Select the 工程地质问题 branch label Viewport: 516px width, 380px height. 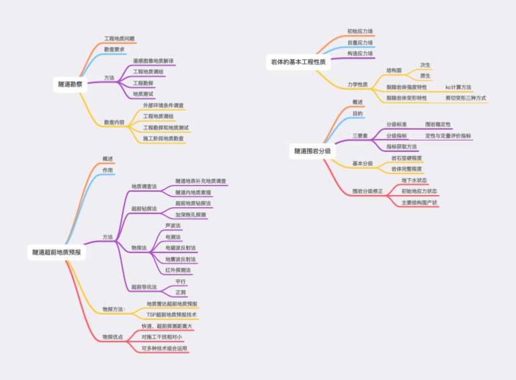pos(120,38)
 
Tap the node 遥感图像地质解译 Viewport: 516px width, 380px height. pos(153,61)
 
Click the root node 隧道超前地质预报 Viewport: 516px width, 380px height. pos(56,252)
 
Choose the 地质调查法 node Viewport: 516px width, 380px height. pos(144,186)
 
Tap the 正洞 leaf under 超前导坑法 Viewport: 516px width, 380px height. pos(181,293)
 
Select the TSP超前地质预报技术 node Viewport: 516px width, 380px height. pos(172,314)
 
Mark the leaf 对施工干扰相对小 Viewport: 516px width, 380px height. pos(161,336)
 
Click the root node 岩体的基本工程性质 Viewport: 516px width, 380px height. pos(298,62)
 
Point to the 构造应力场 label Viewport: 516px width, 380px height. pos(360,53)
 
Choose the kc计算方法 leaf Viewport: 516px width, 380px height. pos(458,87)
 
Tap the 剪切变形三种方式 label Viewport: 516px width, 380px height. pos(465,98)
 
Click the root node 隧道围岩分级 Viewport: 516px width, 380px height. pos(312,151)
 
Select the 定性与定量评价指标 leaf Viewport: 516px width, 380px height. pos(448,136)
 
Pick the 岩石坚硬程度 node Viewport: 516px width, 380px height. pos(406,158)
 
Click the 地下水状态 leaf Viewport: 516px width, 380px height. pos(414,180)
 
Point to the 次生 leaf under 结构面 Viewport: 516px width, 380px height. pos(425,65)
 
